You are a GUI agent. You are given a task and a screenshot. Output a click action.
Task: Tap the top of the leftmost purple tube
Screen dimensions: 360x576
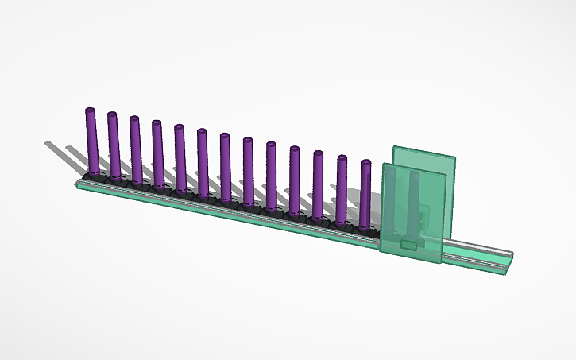pyautogui.click(x=90, y=110)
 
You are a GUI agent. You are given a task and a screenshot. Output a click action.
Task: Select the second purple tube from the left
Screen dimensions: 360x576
pyautogui.click(x=114, y=147)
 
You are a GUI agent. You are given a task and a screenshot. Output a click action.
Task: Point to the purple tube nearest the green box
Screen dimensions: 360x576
pyautogui.click(x=366, y=194)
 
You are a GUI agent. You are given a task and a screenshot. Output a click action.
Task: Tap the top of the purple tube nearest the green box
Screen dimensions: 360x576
pyautogui.click(x=365, y=163)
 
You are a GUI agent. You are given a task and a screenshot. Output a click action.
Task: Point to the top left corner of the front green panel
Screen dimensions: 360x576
pyautogui.click(x=384, y=165)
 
